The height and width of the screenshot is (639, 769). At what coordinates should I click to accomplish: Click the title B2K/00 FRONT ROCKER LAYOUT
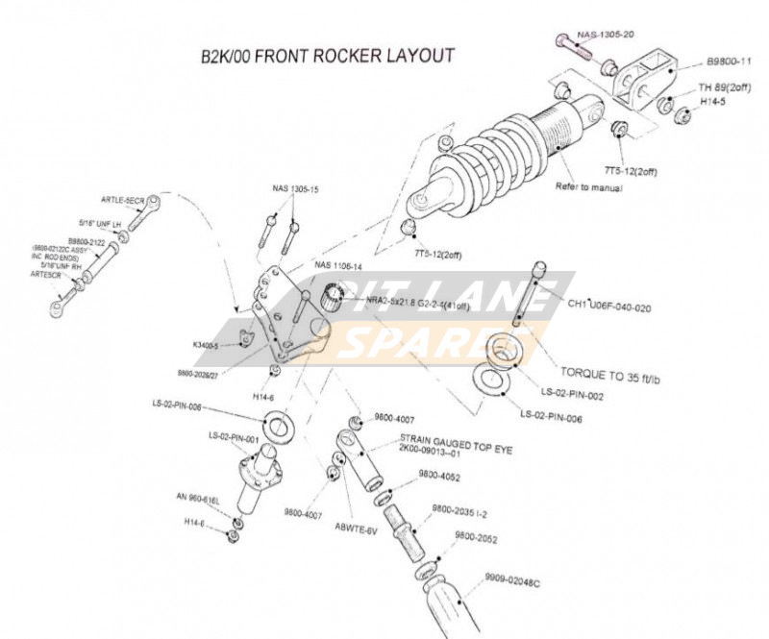[327, 55]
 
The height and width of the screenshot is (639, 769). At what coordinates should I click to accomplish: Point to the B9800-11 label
[730, 61]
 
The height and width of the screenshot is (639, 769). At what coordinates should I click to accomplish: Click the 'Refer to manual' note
[588, 187]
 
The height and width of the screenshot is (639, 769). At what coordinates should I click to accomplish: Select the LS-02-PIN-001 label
[234, 436]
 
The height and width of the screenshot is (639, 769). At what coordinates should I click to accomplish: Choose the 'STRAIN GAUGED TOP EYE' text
[447, 446]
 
